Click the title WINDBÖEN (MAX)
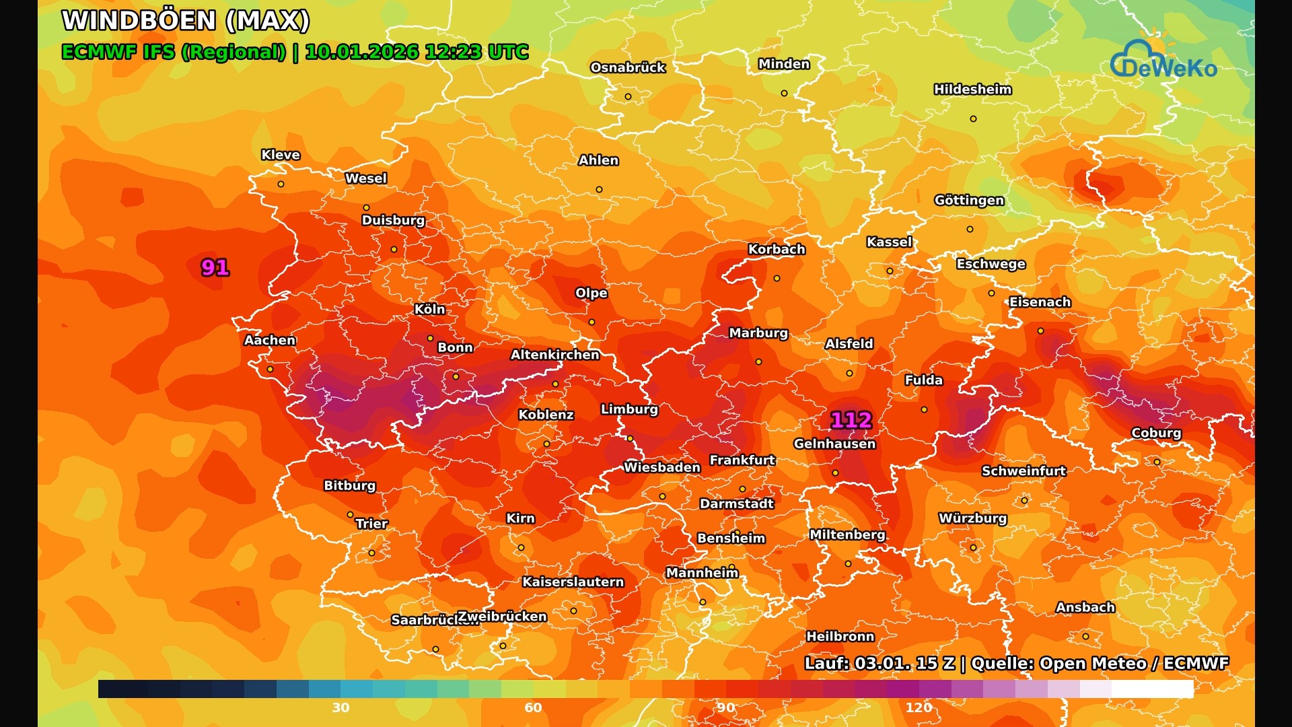coord(186,20)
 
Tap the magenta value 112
coord(851,421)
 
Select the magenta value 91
coord(215,268)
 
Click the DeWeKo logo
coord(1164,61)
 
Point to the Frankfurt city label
coord(742,460)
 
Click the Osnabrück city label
coord(628,67)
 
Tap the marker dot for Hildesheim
coord(973,119)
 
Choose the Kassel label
coord(889,242)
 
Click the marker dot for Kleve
coord(281,184)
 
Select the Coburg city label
coord(1156,433)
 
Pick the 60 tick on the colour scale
coord(533,707)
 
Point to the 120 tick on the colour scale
coord(919,707)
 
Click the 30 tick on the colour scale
coord(340,707)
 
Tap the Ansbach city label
coord(1085,607)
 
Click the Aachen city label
coord(270,340)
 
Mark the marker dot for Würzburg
coord(973,548)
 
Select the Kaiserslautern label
coord(573,582)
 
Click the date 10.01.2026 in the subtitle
coord(363,52)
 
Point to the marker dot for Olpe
coord(591,322)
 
